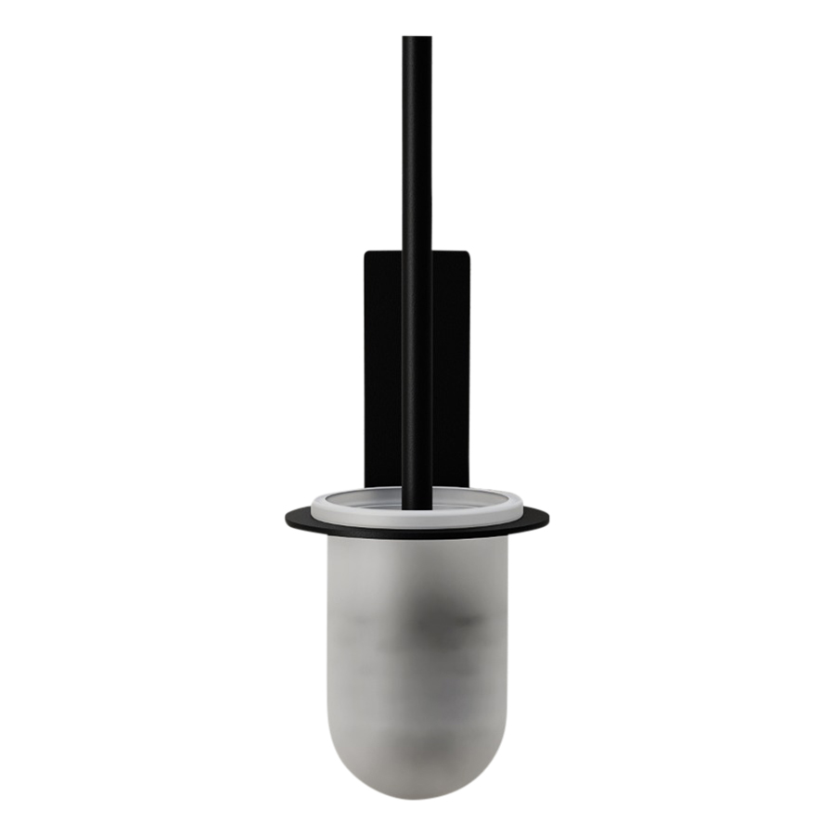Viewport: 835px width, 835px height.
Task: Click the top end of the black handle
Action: point(417,39)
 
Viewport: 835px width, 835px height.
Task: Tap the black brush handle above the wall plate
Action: point(417,148)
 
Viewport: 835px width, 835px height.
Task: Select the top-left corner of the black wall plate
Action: point(366,251)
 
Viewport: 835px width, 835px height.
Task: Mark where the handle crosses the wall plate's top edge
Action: point(417,250)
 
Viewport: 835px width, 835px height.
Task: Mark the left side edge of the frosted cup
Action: point(328,649)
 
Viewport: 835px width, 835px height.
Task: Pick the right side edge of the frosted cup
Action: point(507,649)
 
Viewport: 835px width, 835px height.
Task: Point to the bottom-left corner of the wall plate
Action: point(366,485)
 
